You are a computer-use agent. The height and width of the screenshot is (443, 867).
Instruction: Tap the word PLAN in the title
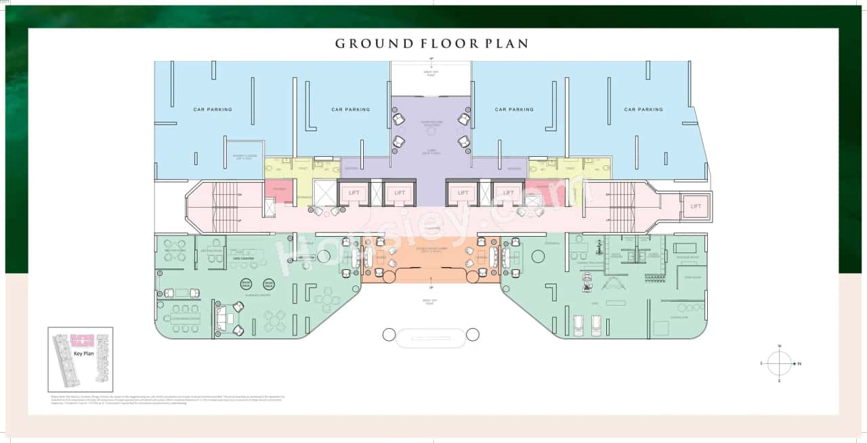[x=506, y=44]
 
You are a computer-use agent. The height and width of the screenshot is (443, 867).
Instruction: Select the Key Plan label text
[x=84, y=353]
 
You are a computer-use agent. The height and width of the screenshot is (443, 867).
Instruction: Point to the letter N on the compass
[x=799, y=364]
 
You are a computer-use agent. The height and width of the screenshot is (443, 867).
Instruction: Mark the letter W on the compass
[x=780, y=346]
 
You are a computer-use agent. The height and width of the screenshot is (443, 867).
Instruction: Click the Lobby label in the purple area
[x=431, y=151]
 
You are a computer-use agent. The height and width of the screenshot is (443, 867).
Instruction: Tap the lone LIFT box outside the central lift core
[x=696, y=206]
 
